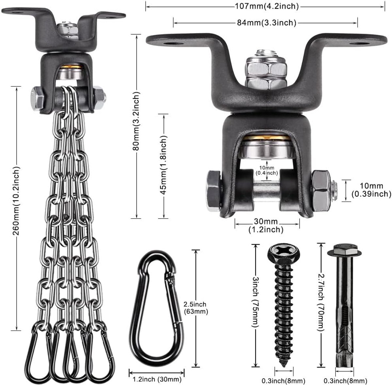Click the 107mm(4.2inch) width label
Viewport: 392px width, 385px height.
coord(267,6)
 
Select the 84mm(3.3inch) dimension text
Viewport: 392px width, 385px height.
coord(267,23)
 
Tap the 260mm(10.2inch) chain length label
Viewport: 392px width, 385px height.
coord(16,201)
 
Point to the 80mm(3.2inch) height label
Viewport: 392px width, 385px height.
coord(136,121)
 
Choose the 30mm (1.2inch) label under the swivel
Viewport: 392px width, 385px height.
coord(266,225)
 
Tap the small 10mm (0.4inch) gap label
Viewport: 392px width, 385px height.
coord(267,170)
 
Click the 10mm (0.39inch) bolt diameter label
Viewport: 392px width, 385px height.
coord(371,190)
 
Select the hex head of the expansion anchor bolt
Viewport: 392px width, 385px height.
coord(344,250)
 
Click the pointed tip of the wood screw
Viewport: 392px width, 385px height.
coord(283,365)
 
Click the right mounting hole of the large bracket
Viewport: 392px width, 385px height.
coord(360,43)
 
